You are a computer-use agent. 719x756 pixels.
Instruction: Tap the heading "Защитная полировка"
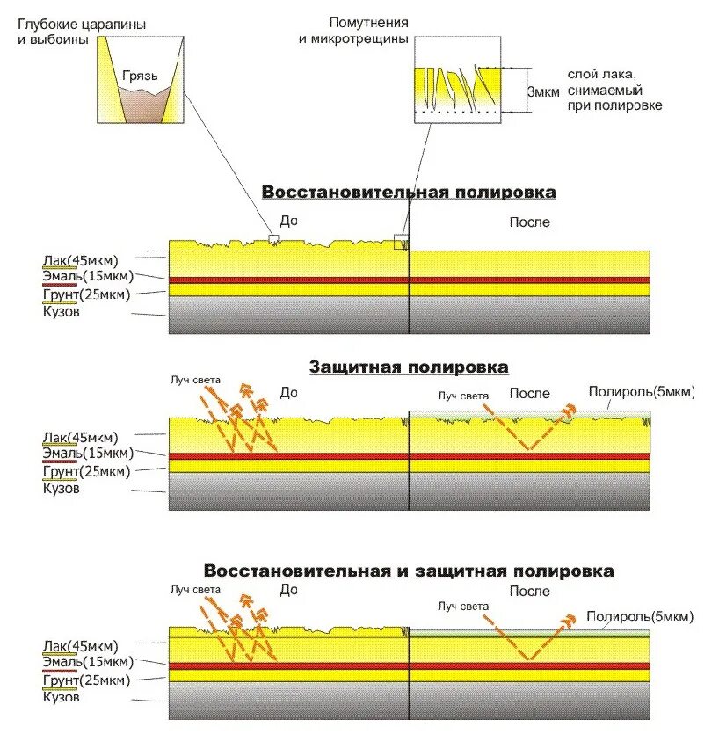pyautogui.click(x=409, y=367)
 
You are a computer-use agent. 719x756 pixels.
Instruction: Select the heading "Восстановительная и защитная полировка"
pyautogui.click(x=409, y=571)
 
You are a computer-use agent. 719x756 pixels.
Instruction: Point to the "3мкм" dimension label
pyautogui.click(x=542, y=91)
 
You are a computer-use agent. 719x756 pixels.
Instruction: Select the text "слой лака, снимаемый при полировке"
pyautogui.click(x=614, y=91)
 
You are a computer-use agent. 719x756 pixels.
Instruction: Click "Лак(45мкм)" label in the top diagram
pyautogui.click(x=79, y=259)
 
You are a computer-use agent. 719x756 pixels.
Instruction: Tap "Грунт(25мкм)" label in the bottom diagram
pyautogui.click(x=86, y=680)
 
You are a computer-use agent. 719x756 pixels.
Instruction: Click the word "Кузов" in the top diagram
pyautogui.click(x=61, y=311)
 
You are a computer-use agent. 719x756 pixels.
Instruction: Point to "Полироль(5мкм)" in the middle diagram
pyautogui.click(x=641, y=393)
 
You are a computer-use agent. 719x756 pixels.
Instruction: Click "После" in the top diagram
pyautogui.click(x=529, y=222)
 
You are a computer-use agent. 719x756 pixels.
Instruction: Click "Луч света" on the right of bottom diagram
pyautogui.click(x=462, y=606)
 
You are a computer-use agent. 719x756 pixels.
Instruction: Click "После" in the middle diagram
pyautogui.click(x=529, y=394)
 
